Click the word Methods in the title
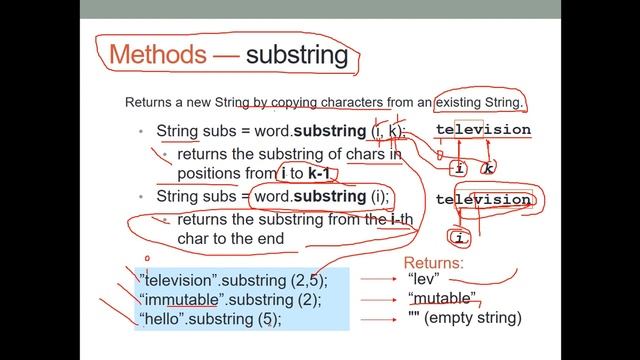point(160,55)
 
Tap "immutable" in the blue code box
point(183,299)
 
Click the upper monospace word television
point(483,130)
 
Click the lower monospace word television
point(483,200)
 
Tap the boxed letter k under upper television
point(489,169)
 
